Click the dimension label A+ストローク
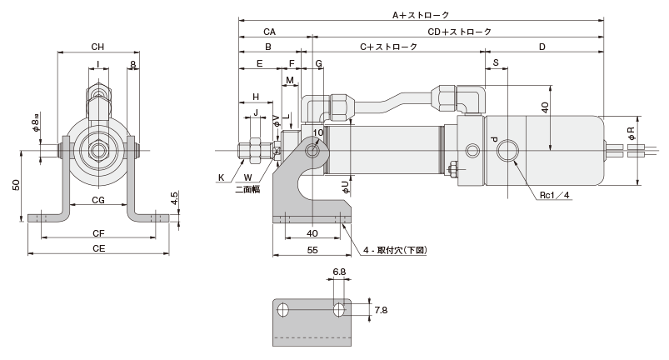(421, 14)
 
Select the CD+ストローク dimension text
(460, 32)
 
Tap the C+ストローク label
(388, 47)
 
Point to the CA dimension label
(269, 32)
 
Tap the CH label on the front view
(97, 47)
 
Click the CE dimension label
(97, 247)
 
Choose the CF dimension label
(97, 233)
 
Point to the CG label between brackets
(97, 201)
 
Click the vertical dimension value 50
(16, 186)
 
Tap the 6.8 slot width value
(339, 272)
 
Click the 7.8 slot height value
(381, 310)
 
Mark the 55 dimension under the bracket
(312, 249)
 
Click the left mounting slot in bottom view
(283, 310)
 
